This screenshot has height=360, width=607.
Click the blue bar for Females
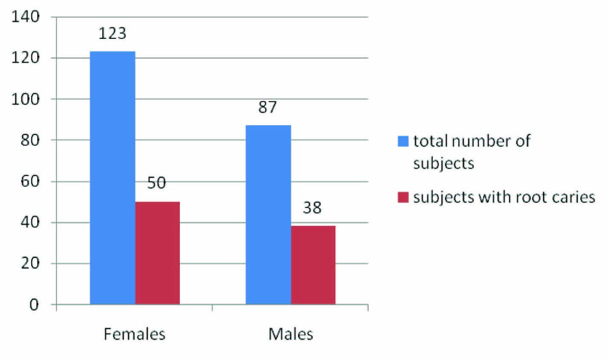(113, 178)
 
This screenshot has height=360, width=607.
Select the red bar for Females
(158, 253)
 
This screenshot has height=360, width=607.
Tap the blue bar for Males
(268, 214)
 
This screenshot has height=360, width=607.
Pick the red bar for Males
(313, 265)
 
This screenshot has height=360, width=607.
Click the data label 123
(112, 33)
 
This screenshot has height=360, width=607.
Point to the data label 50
(156, 183)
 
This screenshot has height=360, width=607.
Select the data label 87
(268, 107)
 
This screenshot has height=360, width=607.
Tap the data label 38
(312, 208)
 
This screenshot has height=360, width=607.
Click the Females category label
(134, 334)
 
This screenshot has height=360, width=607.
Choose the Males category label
(290, 334)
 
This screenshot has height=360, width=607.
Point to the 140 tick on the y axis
(26, 17)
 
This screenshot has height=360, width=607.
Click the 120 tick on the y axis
(26, 58)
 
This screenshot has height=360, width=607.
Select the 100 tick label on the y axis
(26, 99)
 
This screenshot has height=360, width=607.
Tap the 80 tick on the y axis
(30, 140)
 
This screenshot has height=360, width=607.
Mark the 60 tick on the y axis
(30, 181)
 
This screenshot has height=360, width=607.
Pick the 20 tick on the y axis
(30, 263)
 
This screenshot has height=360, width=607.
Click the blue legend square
(403, 141)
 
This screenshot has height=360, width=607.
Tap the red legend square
(403, 197)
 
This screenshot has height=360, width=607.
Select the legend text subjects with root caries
(504, 197)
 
